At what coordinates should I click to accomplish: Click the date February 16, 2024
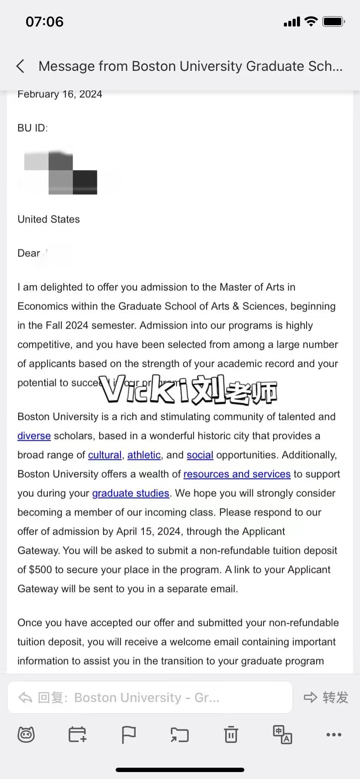60,94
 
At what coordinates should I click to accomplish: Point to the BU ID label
33,128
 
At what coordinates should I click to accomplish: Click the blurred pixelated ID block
61,172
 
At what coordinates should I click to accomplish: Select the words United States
49,219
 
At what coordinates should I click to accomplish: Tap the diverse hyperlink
34,436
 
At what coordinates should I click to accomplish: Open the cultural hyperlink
105,455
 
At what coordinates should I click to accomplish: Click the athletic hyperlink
144,455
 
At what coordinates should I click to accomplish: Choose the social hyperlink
200,455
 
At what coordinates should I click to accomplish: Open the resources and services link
237,474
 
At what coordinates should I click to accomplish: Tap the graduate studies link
130,493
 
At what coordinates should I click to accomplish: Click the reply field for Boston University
150,698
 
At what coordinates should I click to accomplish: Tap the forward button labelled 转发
326,698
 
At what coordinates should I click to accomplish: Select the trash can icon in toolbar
231,735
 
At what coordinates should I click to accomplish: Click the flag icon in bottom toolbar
128,735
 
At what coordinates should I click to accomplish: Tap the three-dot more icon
333,735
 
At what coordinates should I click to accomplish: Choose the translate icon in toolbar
282,735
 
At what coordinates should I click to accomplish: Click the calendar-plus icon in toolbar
77,735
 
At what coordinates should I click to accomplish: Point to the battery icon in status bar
333,22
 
